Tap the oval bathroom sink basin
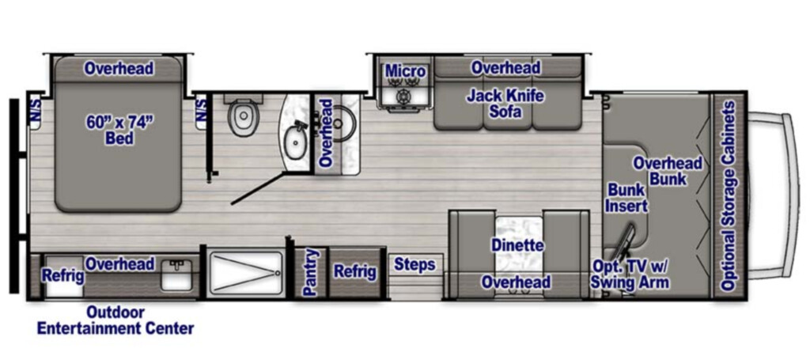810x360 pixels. (x=295, y=142)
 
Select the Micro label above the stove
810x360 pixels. (x=406, y=71)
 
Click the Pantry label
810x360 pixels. (x=310, y=272)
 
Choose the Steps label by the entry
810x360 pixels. (x=414, y=265)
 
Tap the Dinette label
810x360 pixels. (x=517, y=244)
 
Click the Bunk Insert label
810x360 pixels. (x=626, y=197)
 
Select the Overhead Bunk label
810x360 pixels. (x=668, y=171)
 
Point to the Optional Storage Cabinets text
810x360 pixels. (x=729, y=195)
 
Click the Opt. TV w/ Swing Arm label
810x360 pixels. (x=630, y=275)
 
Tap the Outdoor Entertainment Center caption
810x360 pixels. (x=115, y=320)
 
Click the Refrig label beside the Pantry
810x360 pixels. (x=354, y=271)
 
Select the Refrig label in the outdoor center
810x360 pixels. (x=63, y=275)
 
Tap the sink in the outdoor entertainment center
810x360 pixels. (x=176, y=275)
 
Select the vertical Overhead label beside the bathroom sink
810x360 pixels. (x=325, y=133)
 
